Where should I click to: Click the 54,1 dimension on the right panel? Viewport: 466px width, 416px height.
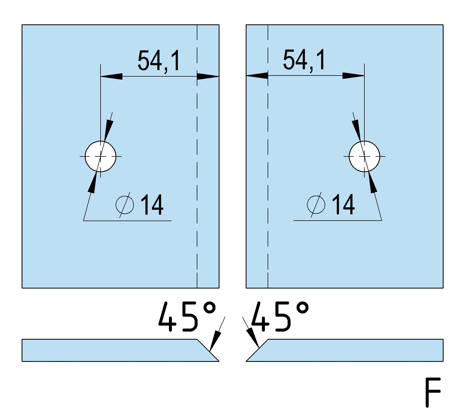(304, 60)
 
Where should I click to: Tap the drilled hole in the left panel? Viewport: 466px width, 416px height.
(101, 156)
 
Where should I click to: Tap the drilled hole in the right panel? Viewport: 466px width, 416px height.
(364, 156)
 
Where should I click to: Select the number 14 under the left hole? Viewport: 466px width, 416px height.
(152, 205)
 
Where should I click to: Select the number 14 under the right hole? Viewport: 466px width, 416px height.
(343, 204)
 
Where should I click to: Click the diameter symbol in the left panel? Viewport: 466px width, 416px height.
(125, 205)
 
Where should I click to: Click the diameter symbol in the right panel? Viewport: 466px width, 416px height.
(316, 204)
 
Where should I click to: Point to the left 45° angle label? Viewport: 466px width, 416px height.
(187, 317)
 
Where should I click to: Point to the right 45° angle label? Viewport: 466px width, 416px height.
(280, 317)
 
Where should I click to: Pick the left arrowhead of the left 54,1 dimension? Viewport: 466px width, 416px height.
(111, 77)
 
